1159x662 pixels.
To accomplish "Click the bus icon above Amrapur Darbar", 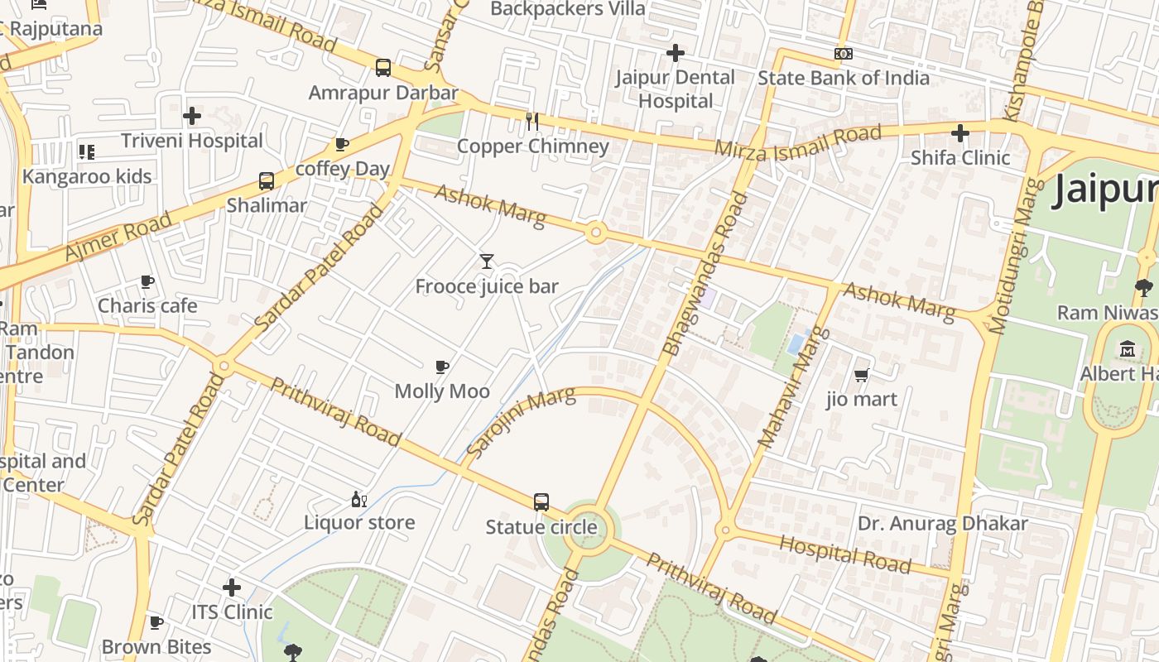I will click(382, 67).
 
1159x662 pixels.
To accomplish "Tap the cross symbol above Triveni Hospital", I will click(192, 116).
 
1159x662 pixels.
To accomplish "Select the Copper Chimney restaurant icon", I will click(532, 122).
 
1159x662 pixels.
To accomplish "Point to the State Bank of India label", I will click(844, 78).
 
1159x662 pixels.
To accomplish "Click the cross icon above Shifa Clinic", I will click(960, 132).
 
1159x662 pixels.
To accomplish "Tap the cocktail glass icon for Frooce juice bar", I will click(487, 261).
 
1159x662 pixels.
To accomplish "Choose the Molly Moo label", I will click(442, 391).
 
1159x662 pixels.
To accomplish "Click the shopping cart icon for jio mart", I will click(861, 375).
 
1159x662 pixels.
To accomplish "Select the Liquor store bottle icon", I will click(358, 499).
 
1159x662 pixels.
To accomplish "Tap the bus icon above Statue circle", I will click(541, 501).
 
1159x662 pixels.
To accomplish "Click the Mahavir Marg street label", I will click(792, 387).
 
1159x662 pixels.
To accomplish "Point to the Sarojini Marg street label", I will click(520, 422).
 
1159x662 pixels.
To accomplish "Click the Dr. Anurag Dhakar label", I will click(942, 524).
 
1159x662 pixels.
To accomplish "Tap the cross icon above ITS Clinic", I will click(232, 588).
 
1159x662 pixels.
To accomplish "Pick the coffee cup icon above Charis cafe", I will click(147, 282).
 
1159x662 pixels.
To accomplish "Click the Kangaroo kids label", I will click(87, 176).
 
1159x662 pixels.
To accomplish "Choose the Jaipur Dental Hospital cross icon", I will click(676, 53).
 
